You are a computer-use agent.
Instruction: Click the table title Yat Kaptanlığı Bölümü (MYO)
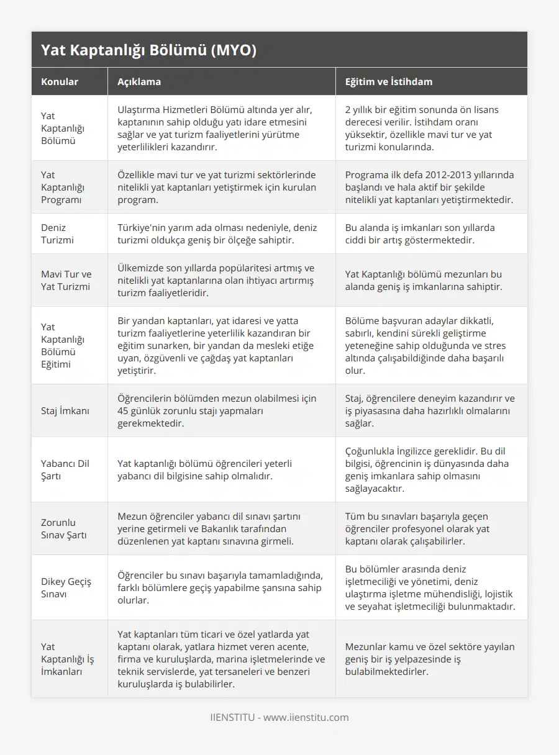click(x=148, y=51)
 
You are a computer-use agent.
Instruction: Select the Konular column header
click(x=60, y=81)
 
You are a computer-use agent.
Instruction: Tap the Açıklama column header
click(x=139, y=81)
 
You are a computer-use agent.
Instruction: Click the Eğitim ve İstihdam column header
click(x=389, y=81)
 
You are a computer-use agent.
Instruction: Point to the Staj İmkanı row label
click(x=65, y=410)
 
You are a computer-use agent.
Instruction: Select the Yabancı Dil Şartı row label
click(x=65, y=469)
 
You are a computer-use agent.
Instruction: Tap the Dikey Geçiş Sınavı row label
click(x=66, y=587)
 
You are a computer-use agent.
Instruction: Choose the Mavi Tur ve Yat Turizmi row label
click(x=66, y=280)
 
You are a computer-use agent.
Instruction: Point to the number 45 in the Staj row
click(x=124, y=410)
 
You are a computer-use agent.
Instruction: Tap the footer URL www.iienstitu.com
click(x=306, y=717)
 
